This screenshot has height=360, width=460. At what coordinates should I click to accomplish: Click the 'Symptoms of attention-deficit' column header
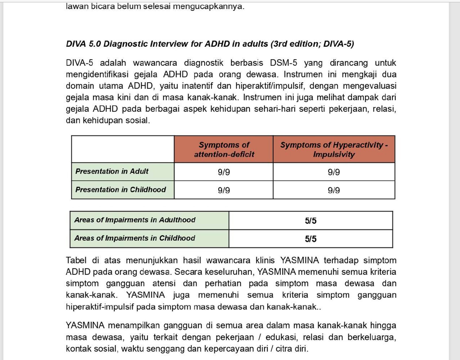[x=224, y=149]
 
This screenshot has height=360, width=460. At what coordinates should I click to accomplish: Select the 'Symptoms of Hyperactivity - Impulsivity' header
[x=334, y=149]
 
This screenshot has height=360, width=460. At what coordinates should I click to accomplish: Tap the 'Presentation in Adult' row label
[x=112, y=172]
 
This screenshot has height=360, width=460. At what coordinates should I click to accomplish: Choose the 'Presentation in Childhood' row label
[x=121, y=190]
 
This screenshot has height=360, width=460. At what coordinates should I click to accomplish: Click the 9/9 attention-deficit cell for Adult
[x=224, y=172]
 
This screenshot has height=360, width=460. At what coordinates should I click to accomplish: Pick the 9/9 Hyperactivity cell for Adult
[x=334, y=172]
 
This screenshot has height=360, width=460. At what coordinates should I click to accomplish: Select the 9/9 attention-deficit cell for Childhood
[x=224, y=190]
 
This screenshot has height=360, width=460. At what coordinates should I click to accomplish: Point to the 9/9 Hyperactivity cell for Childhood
[x=334, y=190]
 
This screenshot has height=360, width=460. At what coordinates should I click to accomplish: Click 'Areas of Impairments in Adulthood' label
[x=135, y=220]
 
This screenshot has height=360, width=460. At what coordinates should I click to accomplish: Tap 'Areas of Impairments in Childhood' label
[x=135, y=238]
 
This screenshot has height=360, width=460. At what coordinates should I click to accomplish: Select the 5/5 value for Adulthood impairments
[x=310, y=221]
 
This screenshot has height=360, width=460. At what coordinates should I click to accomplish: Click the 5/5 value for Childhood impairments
[x=310, y=239]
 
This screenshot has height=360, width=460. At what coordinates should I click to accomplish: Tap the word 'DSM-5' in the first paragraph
[x=283, y=63]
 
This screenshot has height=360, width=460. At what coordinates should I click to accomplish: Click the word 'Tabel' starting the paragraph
[x=76, y=260]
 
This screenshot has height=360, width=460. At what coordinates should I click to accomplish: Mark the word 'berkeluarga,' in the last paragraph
[x=372, y=337]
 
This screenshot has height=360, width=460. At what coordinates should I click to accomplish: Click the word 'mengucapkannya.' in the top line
[x=208, y=6]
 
